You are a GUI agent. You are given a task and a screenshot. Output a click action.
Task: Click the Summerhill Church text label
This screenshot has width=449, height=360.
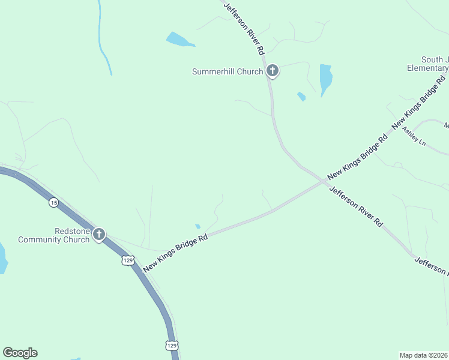[227, 72]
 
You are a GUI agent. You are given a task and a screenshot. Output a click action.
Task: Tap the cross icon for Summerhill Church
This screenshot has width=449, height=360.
[273, 71]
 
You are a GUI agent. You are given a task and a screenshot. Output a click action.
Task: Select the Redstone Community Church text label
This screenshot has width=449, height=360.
[54, 235]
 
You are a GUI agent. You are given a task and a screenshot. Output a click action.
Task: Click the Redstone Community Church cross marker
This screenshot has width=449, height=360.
[99, 235]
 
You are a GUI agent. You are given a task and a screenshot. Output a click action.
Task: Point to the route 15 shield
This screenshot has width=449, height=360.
[54, 203]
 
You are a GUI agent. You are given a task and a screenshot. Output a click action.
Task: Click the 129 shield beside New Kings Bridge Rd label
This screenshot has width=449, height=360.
[127, 260]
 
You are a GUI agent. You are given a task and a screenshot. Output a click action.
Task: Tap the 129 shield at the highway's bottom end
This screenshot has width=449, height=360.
[172, 346]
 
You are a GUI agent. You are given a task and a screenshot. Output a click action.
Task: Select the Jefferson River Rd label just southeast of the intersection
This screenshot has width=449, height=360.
[356, 206]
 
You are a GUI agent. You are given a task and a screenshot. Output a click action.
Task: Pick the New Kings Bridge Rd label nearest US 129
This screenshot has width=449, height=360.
[175, 252]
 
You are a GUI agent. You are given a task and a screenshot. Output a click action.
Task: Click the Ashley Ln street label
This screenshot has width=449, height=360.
[414, 136]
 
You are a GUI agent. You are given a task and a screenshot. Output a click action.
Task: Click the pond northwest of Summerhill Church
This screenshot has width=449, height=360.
[179, 41]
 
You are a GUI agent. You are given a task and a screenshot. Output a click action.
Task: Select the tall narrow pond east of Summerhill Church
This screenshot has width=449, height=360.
[325, 79]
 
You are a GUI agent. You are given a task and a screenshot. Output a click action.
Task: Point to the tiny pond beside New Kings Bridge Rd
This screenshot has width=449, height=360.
[197, 226]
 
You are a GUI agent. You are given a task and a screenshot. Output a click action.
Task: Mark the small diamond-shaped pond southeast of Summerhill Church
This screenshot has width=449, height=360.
[301, 96]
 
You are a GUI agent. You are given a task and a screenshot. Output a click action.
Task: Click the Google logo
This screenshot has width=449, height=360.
[20, 353]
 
